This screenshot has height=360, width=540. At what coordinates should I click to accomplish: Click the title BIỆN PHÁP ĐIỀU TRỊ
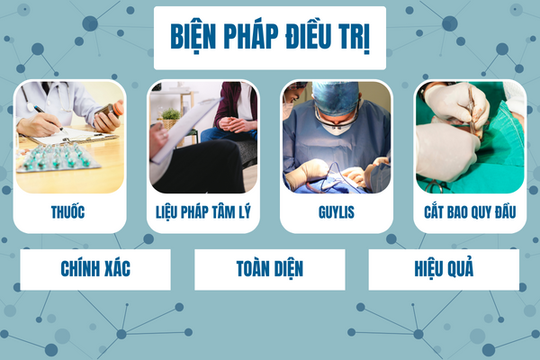[x=270, y=37]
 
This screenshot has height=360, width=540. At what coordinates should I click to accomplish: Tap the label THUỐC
[x=67, y=212]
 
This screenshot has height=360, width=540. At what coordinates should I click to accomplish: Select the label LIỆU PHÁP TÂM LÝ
[x=203, y=212]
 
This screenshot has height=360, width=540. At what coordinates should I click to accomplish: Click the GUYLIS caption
[x=337, y=212]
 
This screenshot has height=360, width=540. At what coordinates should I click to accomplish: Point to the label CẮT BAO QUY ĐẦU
[x=470, y=211]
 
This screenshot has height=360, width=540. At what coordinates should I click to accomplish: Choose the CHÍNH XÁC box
[x=95, y=269]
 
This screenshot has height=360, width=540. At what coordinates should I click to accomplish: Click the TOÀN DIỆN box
[x=270, y=269]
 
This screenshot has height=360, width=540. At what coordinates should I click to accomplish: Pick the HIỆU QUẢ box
[x=444, y=269]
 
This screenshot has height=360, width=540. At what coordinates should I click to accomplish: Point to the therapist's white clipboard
[x=186, y=130]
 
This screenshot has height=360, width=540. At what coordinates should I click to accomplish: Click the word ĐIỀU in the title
[x=308, y=35]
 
